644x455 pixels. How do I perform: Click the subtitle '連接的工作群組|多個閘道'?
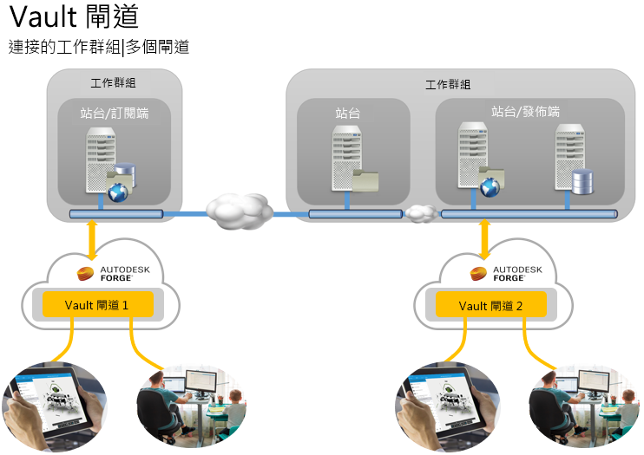[98, 47]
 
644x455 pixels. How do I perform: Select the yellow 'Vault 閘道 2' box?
[491, 304]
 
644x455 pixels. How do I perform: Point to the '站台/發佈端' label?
[526, 111]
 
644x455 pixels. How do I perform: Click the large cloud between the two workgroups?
[238, 210]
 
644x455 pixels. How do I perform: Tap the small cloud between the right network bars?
[421, 212]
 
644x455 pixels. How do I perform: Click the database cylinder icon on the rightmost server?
[582, 181]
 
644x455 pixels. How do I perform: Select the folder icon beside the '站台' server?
[366, 179]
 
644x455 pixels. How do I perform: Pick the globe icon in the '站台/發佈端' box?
[490, 184]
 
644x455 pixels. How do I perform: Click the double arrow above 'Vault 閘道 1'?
[92, 241]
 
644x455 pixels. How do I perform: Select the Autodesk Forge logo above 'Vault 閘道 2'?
[506, 275]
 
